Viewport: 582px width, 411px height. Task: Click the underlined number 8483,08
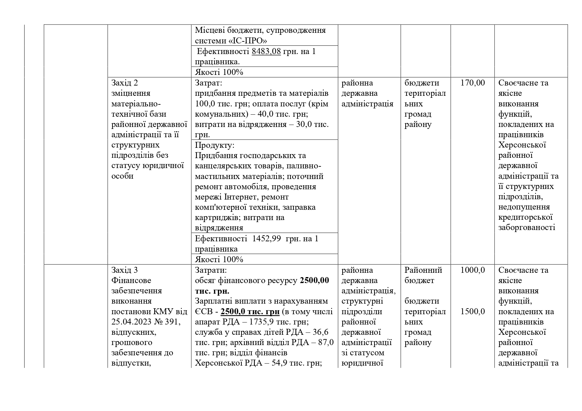click(x=266, y=51)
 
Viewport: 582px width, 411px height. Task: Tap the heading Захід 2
click(x=125, y=83)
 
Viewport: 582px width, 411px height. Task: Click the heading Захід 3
click(x=125, y=270)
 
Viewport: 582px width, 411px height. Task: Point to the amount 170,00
click(x=473, y=83)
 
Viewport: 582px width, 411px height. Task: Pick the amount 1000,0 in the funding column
click(x=473, y=270)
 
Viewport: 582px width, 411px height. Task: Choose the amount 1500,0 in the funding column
click(x=473, y=312)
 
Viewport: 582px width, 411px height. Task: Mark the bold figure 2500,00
click(x=314, y=280)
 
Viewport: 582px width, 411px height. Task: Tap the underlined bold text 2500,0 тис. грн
click(x=250, y=312)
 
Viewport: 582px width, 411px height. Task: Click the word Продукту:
click(x=215, y=145)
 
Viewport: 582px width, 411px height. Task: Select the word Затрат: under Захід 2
click(x=209, y=83)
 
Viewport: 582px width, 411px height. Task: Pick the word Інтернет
click(x=242, y=197)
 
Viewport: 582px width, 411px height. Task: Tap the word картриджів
click(x=218, y=218)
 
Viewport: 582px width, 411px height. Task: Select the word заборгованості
click(x=527, y=228)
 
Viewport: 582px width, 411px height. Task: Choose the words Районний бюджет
click(x=423, y=275)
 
